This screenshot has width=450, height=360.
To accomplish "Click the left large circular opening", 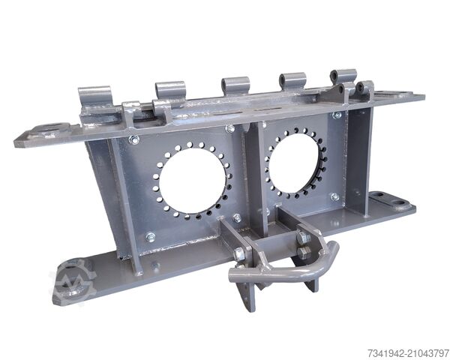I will pyautogui.click(x=193, y=180).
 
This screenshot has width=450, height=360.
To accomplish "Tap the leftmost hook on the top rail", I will pyautogui.click(x=95, y=97).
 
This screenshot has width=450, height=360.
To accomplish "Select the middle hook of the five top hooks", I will pyautogui.click(x=235, y=84).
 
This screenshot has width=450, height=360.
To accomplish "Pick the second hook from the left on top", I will pyautogui.click(x=171, y=90).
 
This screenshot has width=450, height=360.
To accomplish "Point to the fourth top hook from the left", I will pyautogui.click(x=292, y=80).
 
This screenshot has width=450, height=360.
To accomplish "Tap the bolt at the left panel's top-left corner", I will pyautogui.click(x=134, y=140).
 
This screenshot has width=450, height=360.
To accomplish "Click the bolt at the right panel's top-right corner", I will pyautogui.click(x=337, y=115).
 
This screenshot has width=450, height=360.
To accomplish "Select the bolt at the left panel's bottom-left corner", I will pyautogui.click(x=151, y=237).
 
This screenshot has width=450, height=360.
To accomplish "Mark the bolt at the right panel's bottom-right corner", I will pyautogui.click(x=334, y=196).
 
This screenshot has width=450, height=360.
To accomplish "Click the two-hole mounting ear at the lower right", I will pyautogui.click(x=390, y=200).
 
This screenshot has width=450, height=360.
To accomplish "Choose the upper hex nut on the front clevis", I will pyautogui.click(x=303, y=238).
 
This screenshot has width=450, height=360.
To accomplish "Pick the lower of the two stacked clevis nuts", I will pyautogui.click(x=303, y=253).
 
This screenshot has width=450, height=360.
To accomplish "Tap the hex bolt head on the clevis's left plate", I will pyautogui.click(x=240, y=254).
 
